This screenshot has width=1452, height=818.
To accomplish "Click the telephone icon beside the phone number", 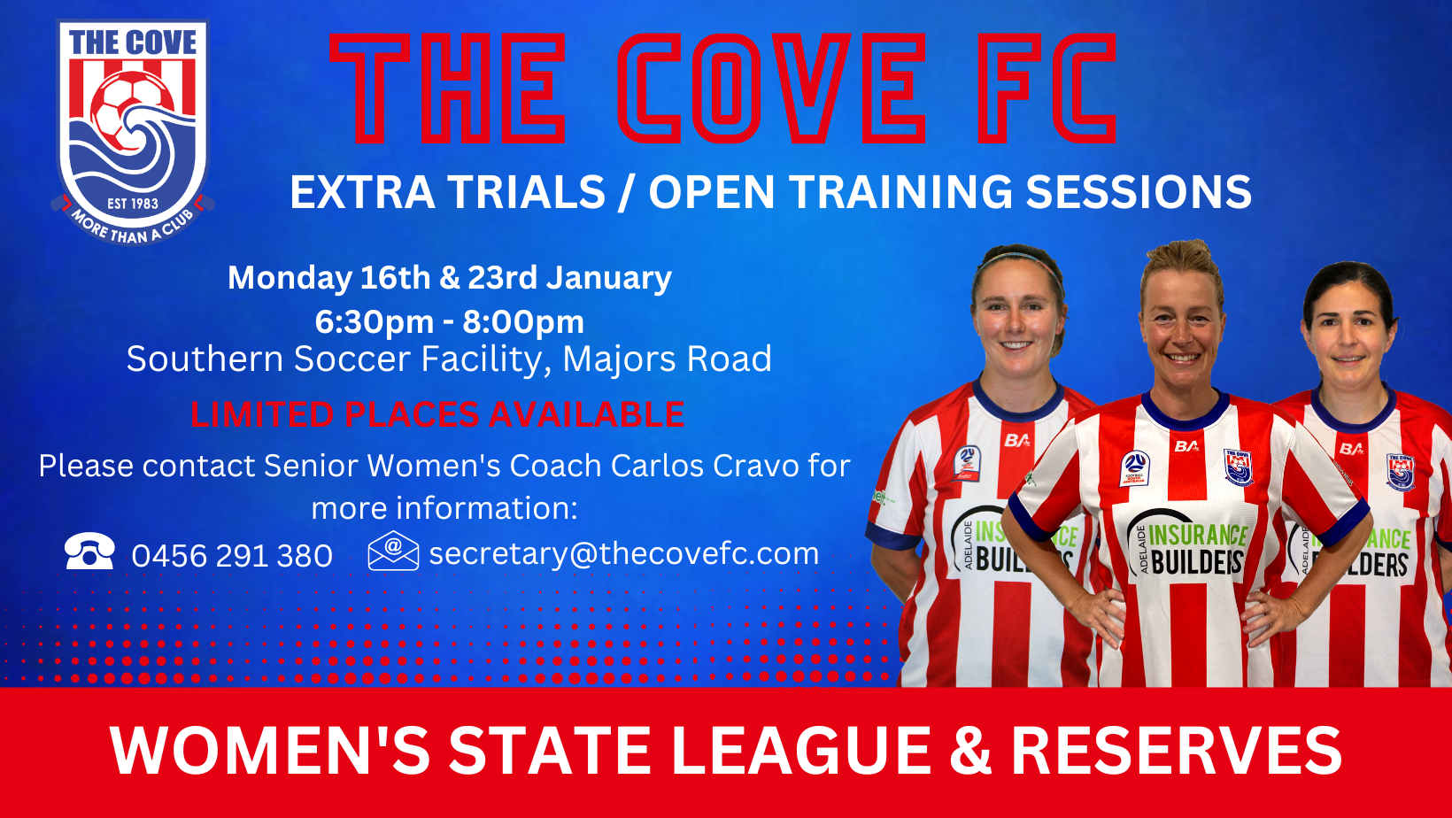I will tap(89, 552).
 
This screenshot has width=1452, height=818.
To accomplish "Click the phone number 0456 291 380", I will tap(232, 556).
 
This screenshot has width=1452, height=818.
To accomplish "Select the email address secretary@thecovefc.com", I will tap(623, 553).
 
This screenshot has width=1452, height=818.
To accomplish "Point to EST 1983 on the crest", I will tap(133, 204).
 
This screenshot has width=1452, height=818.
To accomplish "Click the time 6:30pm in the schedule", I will tap(374, 322).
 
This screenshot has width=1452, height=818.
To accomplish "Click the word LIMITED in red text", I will tap(261, 414).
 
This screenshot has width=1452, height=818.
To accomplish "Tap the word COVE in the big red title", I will tap(770, 89).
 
